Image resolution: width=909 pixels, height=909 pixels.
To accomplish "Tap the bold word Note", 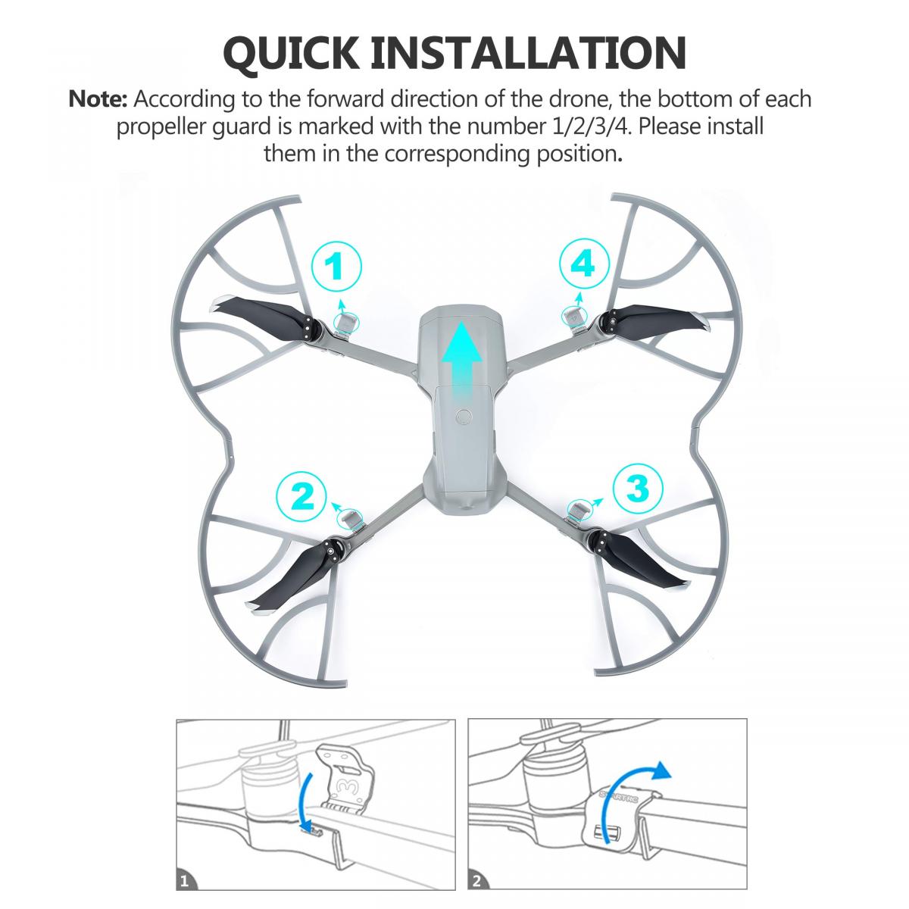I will coord(97,99).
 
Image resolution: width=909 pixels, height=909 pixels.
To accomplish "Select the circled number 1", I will coord(336,267).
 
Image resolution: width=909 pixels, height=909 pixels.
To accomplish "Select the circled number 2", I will coord(301,496).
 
